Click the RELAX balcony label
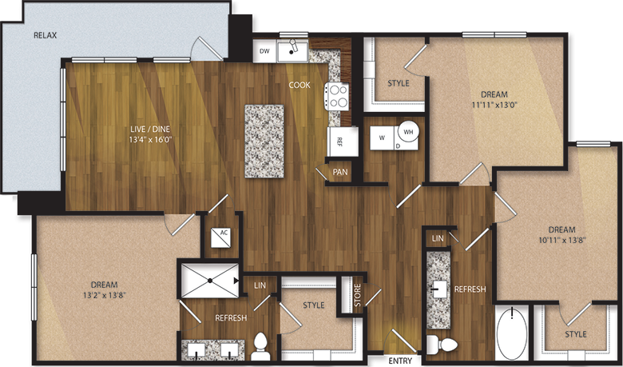pyautogui.click(x=46, y=36)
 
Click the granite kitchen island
pyautogui.click(x=264, y=140)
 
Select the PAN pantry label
pyautogui.click(x=340, y=170)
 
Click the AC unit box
pyautogui.click(x=220, y=237)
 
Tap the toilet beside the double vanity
pyautogui.click(x=260, y=345)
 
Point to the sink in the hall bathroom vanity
pyautogui.click(x=438, y=289)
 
